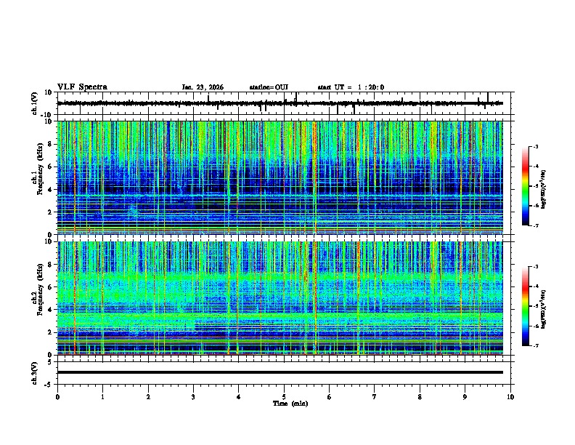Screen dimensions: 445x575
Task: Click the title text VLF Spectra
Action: (x=82, y=87)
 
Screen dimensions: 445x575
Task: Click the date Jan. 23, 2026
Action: (x=203, y=87)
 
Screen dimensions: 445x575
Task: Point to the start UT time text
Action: (x=351, y=87)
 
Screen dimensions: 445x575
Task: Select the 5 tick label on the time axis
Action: (x=284, y=396)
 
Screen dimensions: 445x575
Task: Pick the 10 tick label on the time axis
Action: (x=510, y=396)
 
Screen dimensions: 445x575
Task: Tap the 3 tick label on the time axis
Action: (x=193, y=396)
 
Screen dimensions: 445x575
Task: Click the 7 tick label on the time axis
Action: (x=375, y=396)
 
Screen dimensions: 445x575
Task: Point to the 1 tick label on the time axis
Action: (x=102, y=396)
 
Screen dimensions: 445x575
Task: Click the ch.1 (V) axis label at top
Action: (x=35, y=103)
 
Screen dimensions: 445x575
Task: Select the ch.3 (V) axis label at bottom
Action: (x=35, y=372)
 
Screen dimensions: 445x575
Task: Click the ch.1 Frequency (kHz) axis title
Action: (x=36, y=178)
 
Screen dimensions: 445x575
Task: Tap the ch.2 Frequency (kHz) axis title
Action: (x=36, y=298)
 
